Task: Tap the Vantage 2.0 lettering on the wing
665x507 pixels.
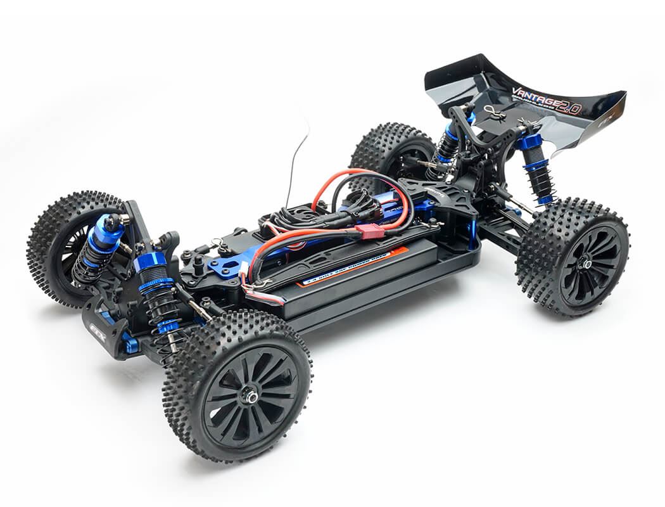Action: pyautogui.click(x=545, y=101)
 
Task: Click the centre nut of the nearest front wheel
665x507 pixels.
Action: pyautogui.click(x=251, y=398)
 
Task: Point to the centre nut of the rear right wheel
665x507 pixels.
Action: pyautogui.click(x=588, y=264)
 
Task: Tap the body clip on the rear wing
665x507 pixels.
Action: pyautogui.click(x=495, y=113)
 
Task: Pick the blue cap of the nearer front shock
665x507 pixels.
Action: pyautogui.click(x=150, y=260)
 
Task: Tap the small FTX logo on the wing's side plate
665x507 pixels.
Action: pyautogui.click(x=604, y=120)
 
